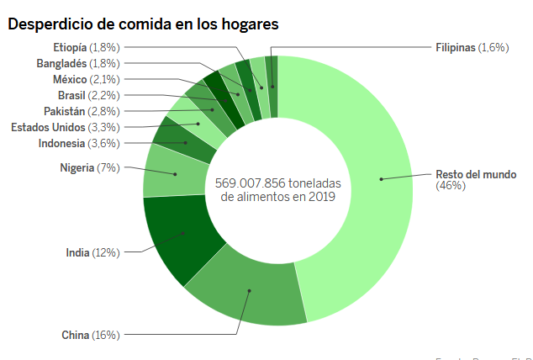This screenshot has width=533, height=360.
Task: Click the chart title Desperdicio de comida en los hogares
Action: point(143,24)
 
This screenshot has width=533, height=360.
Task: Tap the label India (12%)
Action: point(92,252)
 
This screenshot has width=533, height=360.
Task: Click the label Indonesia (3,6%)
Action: point(79,143)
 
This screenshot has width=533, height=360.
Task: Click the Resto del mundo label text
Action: point(475,179)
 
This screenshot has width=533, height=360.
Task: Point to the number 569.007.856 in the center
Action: point(252,182)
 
